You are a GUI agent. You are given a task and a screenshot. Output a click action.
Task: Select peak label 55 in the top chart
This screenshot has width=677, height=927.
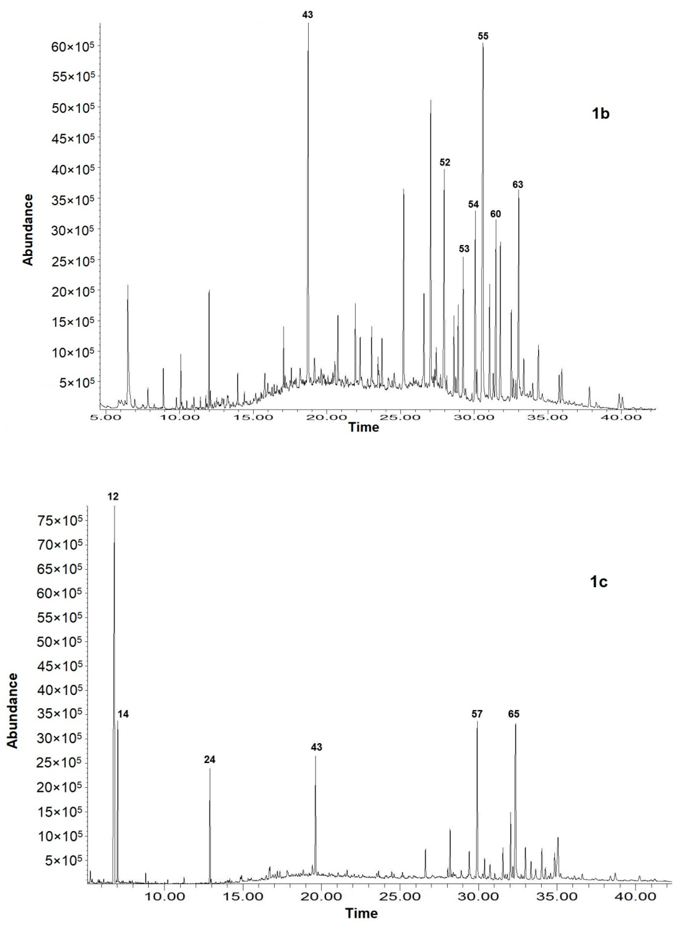coord(483,36)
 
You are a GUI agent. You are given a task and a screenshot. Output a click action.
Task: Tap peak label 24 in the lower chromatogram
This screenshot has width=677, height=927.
coord(210,760)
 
